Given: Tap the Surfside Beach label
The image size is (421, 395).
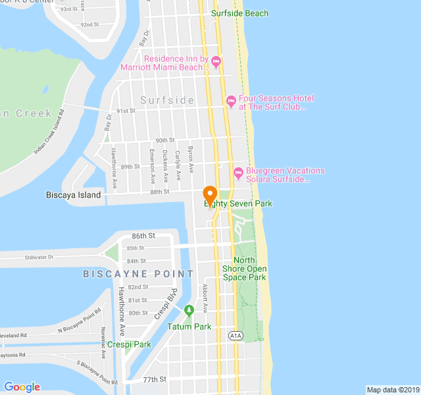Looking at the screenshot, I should coord(239,13).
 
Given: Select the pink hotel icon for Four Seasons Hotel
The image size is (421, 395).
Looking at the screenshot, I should coord(230,102).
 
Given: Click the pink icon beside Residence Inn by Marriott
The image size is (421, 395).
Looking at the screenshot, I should coord(216,62).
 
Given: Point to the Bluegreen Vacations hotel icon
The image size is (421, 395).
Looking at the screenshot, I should coord(238,173).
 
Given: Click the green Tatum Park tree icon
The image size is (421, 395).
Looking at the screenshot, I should coord(189,309).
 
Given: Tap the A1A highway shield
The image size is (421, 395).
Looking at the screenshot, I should coord(235,336).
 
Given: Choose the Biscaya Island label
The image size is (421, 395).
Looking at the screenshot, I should coord(74,195).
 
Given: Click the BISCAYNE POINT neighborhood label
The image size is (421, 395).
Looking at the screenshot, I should coord(138,273).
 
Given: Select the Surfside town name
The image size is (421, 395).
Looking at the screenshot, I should coord(167,100).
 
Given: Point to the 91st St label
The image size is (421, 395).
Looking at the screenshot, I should coord(126,111).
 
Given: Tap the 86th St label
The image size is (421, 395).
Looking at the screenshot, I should coord(143,235).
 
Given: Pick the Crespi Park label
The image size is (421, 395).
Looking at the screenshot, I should coord(130,344).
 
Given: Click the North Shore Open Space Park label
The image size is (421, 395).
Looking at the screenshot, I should coord(244,269).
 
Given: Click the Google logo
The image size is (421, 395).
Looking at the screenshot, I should coord(22,387).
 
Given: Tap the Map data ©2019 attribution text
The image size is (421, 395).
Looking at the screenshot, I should coord(392,390).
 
